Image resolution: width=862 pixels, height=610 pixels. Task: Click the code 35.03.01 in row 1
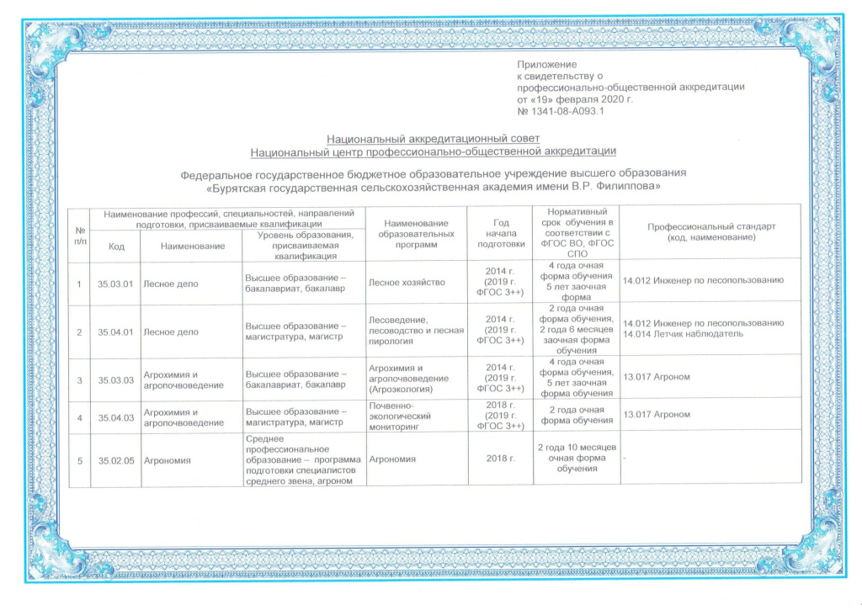click(x=116, y=284)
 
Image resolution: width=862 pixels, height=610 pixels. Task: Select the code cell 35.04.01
click(x=116, y=332)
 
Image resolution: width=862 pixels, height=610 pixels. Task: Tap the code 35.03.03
click(x=116, y=379)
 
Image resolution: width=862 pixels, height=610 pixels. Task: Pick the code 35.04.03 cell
click(x=116, y=415)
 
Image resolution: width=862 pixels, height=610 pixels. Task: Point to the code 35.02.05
click(x=116, y=460)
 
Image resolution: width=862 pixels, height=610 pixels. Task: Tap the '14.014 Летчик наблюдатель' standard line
click(x=683, y=334)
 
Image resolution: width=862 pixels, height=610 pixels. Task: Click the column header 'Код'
click(x=116, y=246)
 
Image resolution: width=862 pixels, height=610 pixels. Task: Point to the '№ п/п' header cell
click(x=79, y=235)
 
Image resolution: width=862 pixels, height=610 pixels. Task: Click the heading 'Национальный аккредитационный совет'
click(x=433, y=139)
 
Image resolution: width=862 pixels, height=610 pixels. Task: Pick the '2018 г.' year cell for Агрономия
click(x=500, y=460)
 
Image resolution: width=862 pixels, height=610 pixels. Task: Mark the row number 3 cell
click(x=79, y=379)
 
